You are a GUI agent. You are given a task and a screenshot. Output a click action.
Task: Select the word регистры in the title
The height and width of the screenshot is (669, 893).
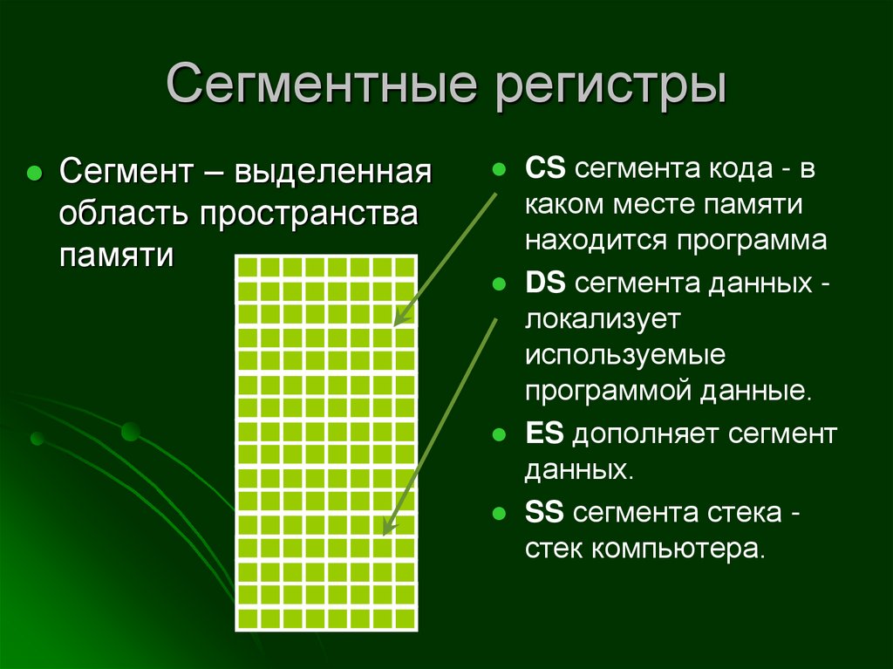(610, 87)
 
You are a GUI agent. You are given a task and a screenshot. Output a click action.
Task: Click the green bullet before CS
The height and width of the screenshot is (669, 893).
(500, 168)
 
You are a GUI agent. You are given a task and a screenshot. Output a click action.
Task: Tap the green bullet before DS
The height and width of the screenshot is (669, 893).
(500, 283)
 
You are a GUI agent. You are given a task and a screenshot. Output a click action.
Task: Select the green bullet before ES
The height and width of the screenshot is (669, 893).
(500, 434)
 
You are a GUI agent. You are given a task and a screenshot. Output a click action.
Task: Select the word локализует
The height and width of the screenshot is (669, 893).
(602, 319)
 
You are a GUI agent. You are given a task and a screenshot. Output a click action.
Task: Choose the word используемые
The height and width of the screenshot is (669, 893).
(625, 356)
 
